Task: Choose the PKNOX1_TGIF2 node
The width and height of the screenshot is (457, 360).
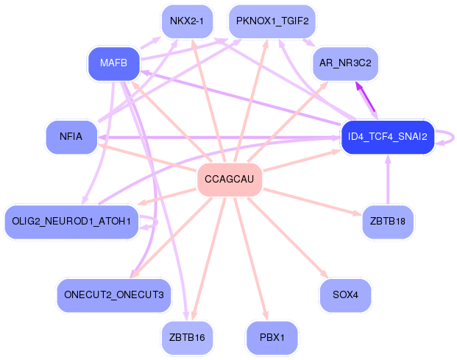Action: click(x=272, y=21)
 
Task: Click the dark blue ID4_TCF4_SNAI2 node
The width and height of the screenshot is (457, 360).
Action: click(x=387, y=137)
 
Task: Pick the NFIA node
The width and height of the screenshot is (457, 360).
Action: click(x=72, y=137)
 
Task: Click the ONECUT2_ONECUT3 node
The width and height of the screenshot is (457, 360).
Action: click(x=113, y=295)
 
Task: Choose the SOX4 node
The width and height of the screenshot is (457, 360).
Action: click(x=345, y=295)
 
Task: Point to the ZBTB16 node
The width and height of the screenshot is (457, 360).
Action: click(x=187, y=338)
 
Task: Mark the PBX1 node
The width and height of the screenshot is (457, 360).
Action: click(x=272, y=338)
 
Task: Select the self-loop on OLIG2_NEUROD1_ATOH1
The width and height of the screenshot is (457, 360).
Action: click(x=152, y=222)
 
